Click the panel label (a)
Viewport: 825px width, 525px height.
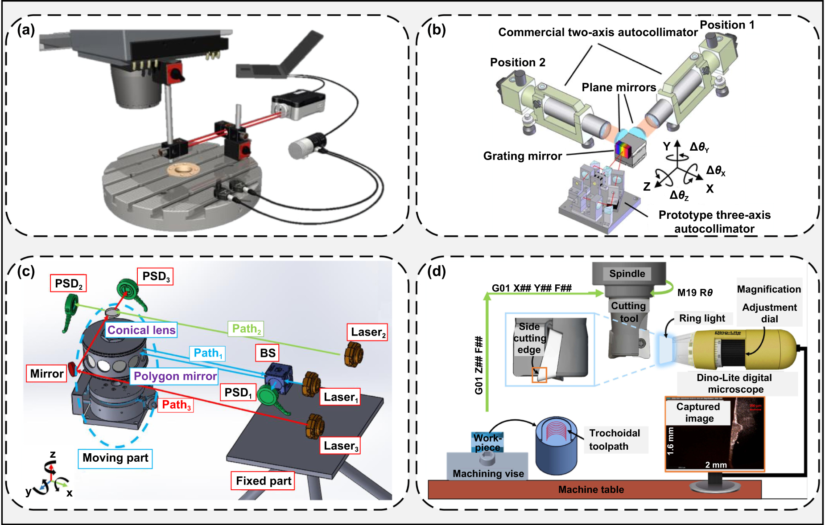click(x=26, y=30)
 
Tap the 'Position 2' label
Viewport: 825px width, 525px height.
click(x=517, y=62)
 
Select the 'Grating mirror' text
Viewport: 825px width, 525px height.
click(x=522, y=156)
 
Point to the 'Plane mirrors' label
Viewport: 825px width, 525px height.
click(x=619, y=87)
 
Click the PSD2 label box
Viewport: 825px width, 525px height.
click(x=68, y=283)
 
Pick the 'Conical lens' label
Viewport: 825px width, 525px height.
click(x=141, y=330)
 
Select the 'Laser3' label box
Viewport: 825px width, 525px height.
click(x=341, y=446)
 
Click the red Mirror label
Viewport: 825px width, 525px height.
click(x=46, y=373)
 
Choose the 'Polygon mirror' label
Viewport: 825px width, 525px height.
click(x=175, y=376)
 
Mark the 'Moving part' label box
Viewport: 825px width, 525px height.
click(x=115, y=458)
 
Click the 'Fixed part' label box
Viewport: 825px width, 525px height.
click(x=263, y=481)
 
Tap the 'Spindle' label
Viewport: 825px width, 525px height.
click(x=627, y=274)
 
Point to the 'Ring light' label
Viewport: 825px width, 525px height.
click(x=702, y=318)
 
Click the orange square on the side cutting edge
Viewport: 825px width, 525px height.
click(x=539, y=375)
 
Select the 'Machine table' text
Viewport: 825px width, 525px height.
click(x=591, y=489)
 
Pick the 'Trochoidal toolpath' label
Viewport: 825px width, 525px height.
click(x=615, y=439)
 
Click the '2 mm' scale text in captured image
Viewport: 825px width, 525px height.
click(x=716, y=465)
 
